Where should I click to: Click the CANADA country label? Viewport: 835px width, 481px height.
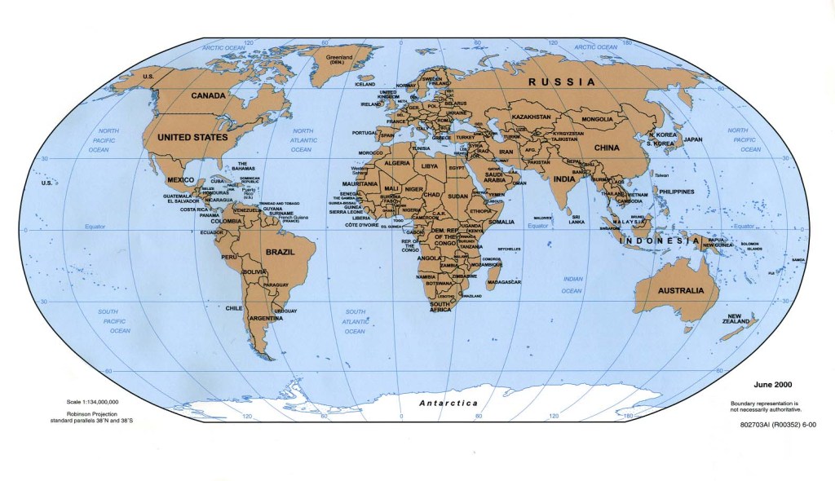click(207, 95)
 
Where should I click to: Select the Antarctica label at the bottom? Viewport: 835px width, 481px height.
click(448, 404)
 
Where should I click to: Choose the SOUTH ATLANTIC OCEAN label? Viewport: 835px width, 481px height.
click(355, 321)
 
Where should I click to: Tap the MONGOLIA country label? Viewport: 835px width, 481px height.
click(597, 120)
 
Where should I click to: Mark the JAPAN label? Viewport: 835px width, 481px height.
click(692, 139)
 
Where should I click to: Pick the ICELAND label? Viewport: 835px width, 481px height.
click(364, 84)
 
